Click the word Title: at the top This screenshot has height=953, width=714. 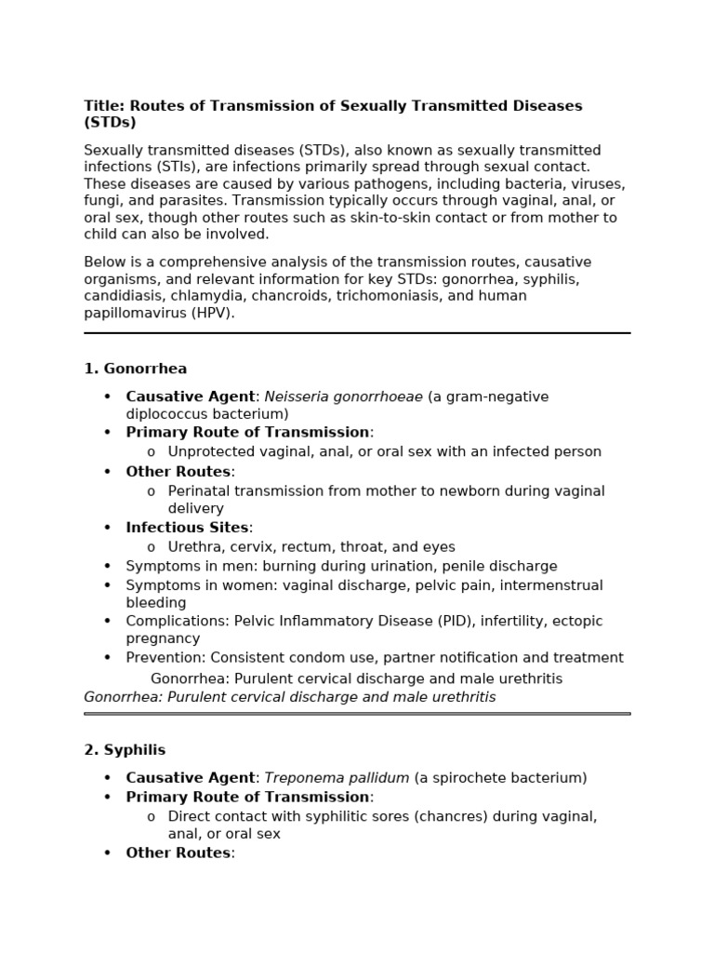pos(103,106)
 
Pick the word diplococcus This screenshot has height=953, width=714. pos(169,414)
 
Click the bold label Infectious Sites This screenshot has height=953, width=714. pos(187,528)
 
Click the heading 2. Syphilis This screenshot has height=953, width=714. pos(125,750)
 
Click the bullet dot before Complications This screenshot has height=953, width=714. pos(108,621)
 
